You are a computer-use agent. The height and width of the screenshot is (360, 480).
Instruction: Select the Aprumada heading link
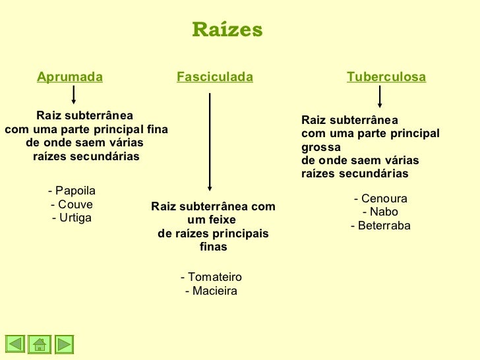pos(70,78)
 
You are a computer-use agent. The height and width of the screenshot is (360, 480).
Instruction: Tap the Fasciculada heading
pos(215,78)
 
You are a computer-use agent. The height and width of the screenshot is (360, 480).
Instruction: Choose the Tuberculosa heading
pos(386,78)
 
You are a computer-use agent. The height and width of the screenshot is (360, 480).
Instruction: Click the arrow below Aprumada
pos(73,95)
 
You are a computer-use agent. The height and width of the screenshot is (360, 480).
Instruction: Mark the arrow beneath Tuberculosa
pos(379,97)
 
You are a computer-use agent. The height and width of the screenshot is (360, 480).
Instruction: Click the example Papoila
pos(72,191)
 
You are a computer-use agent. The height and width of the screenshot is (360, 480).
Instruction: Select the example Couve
pos(72,204)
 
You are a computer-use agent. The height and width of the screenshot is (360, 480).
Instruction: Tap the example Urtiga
pos(72,218)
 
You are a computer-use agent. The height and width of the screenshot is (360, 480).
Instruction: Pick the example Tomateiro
pos(211,278)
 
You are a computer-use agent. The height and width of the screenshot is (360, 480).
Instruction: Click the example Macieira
pos(211,291)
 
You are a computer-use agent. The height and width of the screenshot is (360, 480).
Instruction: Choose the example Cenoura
pos(380,198)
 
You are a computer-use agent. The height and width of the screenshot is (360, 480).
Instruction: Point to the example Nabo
pos(380,212)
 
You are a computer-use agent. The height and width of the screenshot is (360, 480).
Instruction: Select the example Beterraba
pos(380,226)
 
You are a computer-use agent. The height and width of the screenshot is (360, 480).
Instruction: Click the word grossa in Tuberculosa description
pos(321,147)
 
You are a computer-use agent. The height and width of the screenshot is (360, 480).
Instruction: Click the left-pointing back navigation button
pos(16,344)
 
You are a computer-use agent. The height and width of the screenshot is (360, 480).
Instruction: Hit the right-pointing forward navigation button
pos(63,344)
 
